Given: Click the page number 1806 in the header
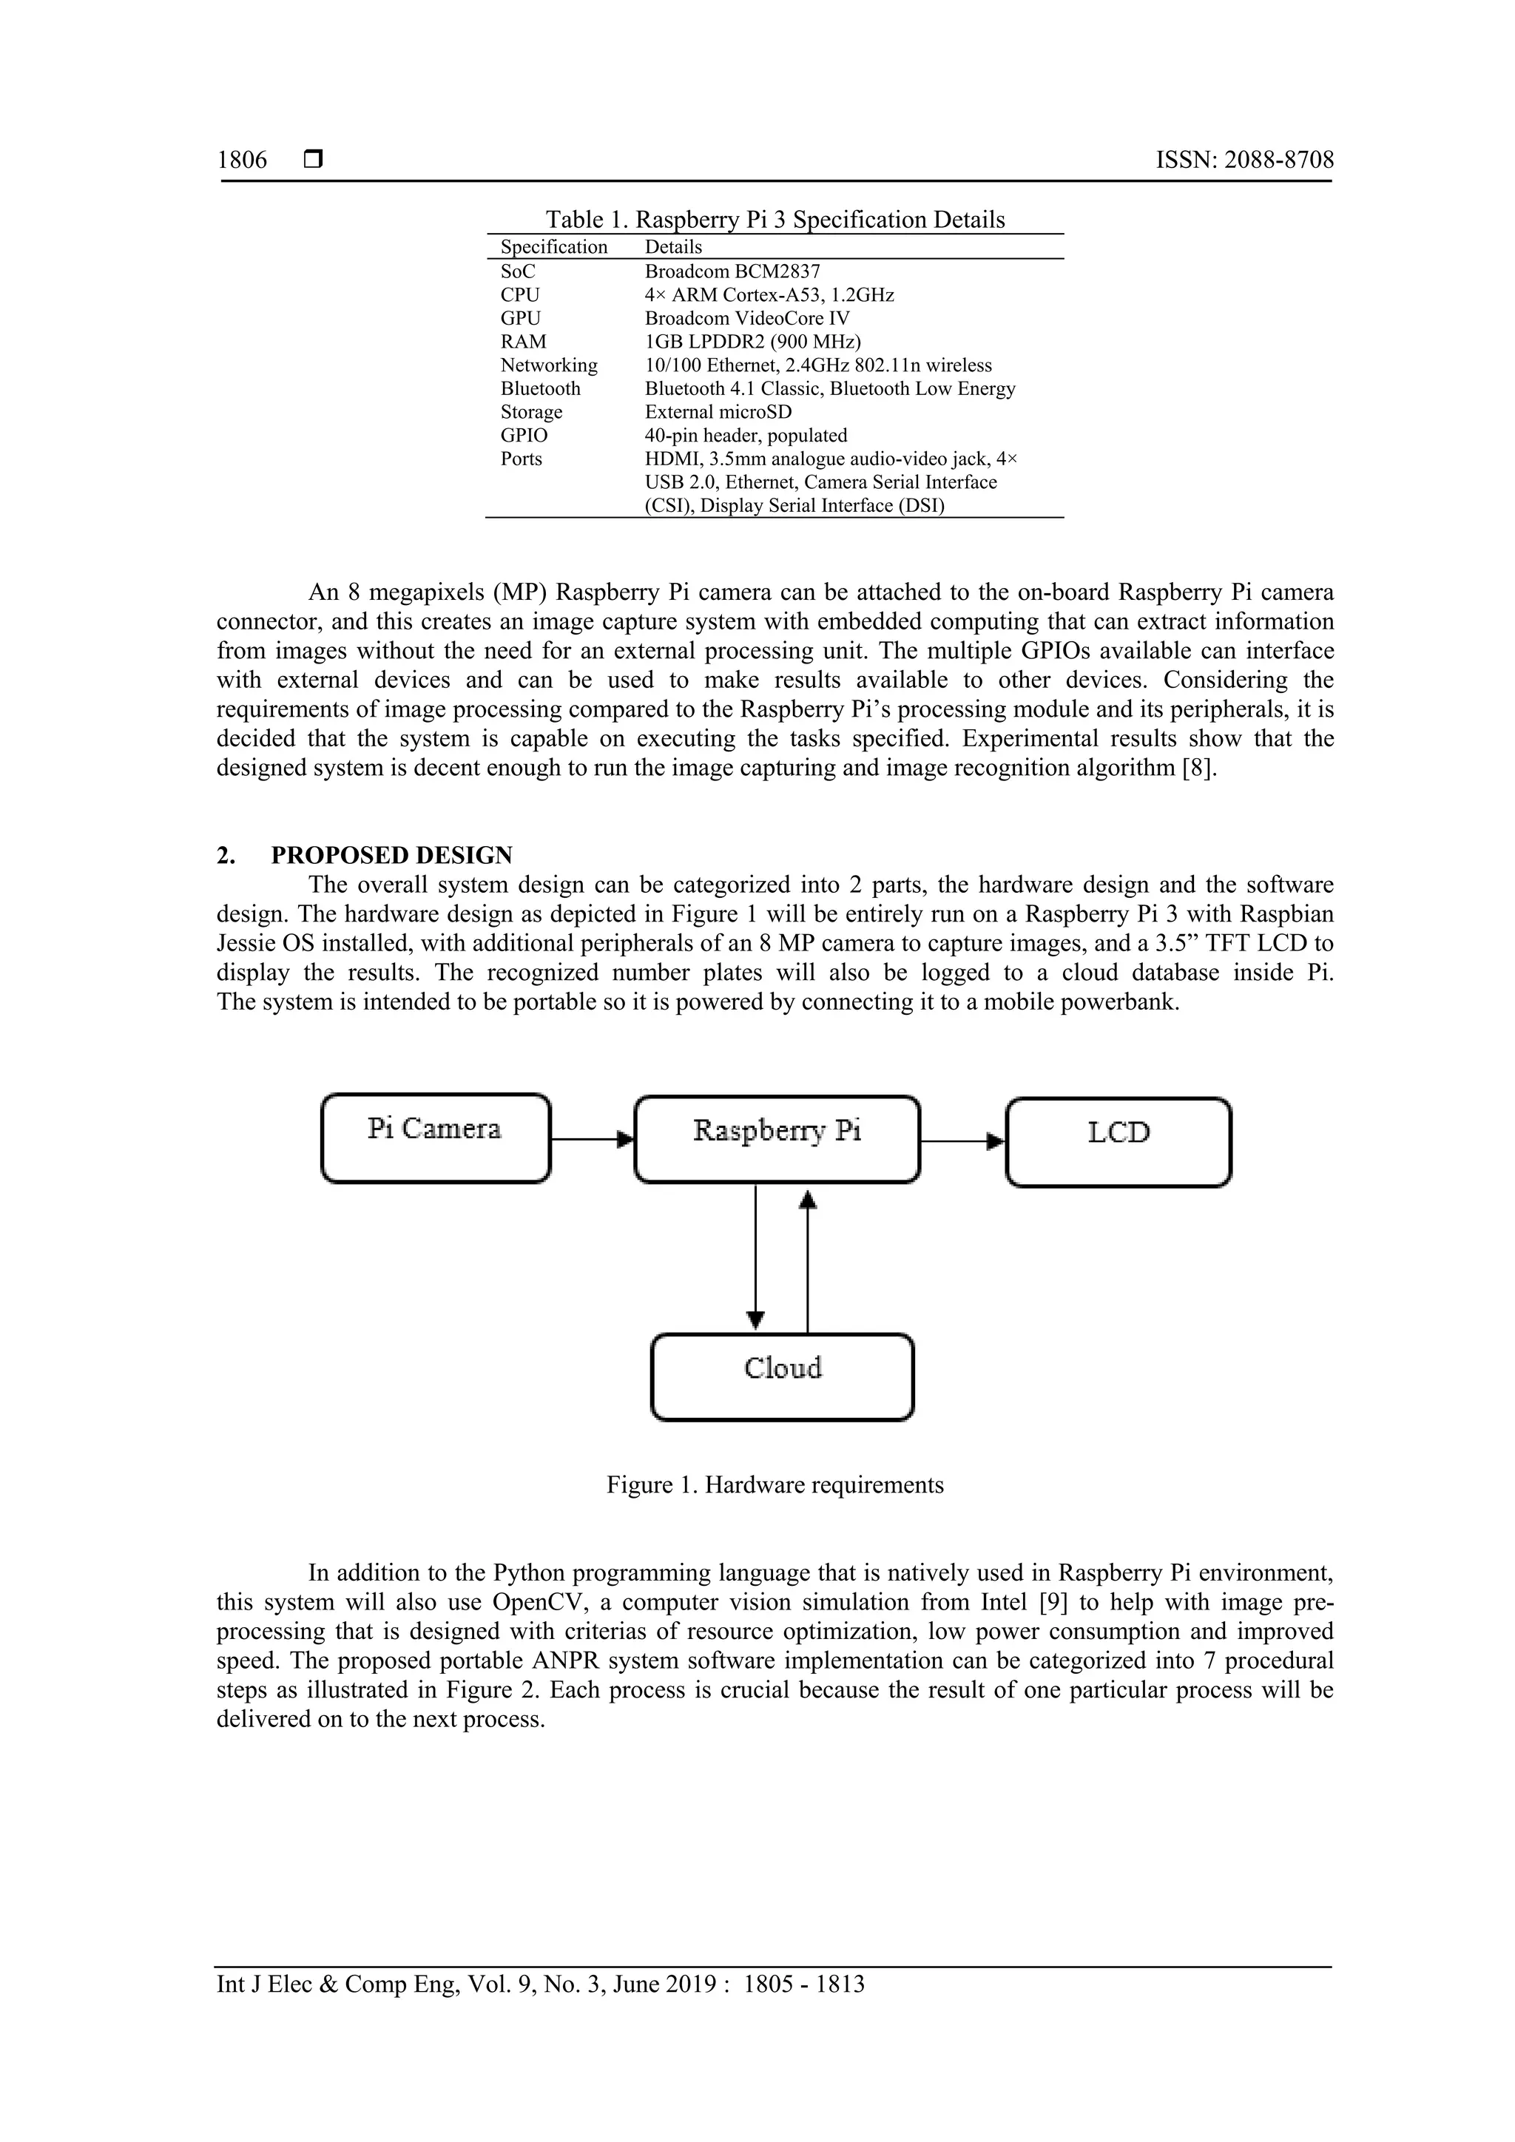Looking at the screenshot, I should pyautogui.click(x=242, y=160).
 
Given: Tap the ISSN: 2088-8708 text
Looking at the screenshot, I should pyautogui.click(x=1244, y=160).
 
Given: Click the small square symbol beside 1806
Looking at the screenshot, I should pyautogui.click(x=314, y=161).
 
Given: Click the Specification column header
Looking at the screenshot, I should pyautogui.click(x=553, y=246).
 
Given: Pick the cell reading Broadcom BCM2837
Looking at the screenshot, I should pyautogui.click(x=732, y=271).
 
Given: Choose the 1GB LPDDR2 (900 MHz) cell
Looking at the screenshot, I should pyautogui.click(x=752, y=342).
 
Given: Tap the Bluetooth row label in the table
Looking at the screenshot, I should pyautogui.click(x=540, y=388).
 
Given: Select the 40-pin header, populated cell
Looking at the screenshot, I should pyautogui.click(x=746, y=435).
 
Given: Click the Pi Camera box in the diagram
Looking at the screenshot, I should pyautogui.click(x=435, y=1138).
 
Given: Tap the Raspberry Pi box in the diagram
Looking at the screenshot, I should pyautogui.click(x=776, y=1138).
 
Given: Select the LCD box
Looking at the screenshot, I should pyautogui.click(x=1118, y=1141).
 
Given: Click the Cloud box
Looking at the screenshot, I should pyautogui.click(x=782, y=1377).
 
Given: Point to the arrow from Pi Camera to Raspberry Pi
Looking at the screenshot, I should pyautogui.click(x=592, y=1139).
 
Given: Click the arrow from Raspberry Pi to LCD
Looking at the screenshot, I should pyautogui.click(x=962, y=1140).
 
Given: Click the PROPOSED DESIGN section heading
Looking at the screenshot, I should pyautogui.click(x=391, y=856).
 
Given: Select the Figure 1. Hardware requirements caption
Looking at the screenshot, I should pyautogui.click(x=775, y=1485).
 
